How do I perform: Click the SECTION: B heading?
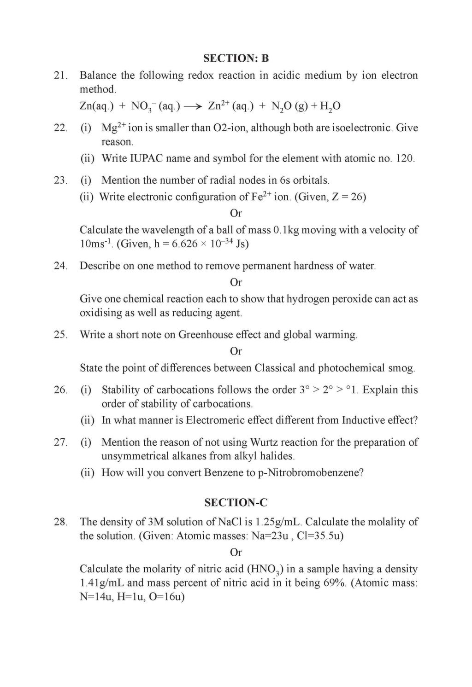coord(236,58)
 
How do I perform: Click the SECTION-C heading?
coord(236,503)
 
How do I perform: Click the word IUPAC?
coord(146,159)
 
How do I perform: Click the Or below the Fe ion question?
coord(236,213)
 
